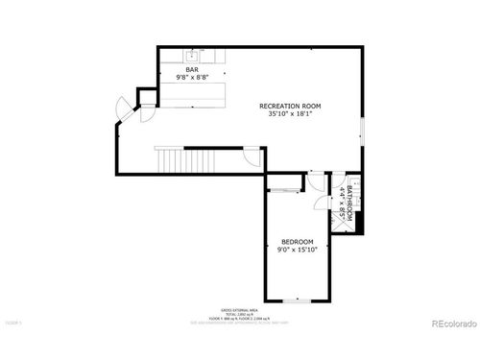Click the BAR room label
pos(193,69)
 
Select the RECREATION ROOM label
pos(290,106)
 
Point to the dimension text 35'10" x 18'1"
pos(290,114)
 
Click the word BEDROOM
pos(297,241)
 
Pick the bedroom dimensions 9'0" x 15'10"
pos(297,250)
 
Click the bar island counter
pos(191,94)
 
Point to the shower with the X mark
pos(352,181)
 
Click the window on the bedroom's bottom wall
pos(297,301)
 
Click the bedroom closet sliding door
pos(283,190)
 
